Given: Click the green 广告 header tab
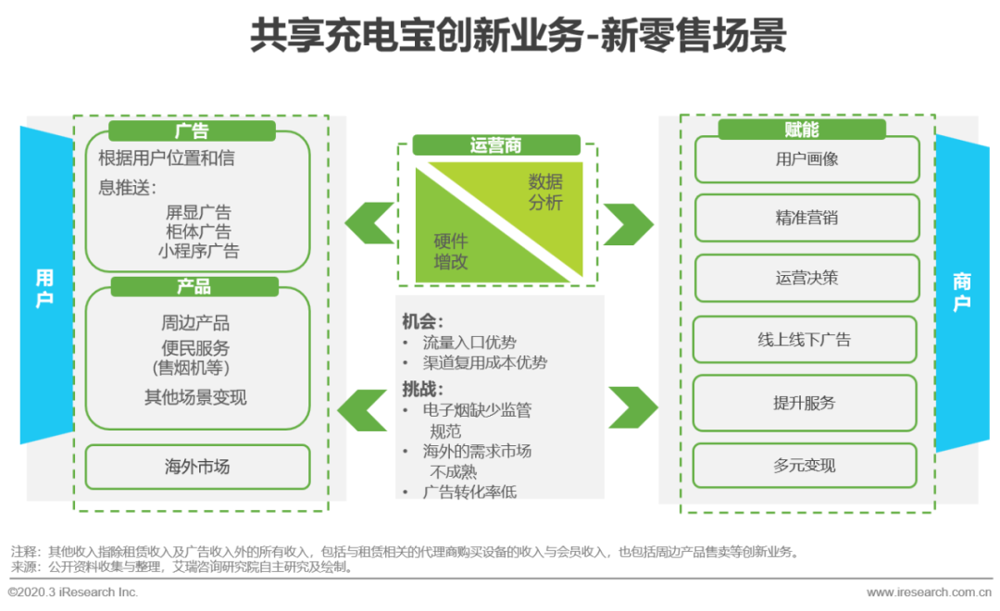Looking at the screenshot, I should (193, 131).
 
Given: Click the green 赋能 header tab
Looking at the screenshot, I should (802, 130).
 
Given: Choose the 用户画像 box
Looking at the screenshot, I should (806, 159).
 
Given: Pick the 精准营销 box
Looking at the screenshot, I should (806, 218).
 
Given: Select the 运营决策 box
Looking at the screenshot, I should (806, 278).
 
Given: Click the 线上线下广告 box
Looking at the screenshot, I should (804, 340).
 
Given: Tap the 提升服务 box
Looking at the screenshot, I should (804, 403).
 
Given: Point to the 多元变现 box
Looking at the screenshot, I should (804, 466).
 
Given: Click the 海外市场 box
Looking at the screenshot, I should (197, 467).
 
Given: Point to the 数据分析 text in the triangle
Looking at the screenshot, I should (545, 192).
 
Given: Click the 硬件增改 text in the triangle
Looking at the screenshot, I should (451, 252).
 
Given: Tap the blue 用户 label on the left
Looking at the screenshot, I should (44, 288).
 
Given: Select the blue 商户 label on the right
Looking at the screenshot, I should (962, 293).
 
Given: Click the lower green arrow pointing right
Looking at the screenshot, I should (632, 406).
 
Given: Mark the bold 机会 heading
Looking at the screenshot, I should (422, 321).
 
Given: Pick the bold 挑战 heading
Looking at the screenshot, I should (422, 388).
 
